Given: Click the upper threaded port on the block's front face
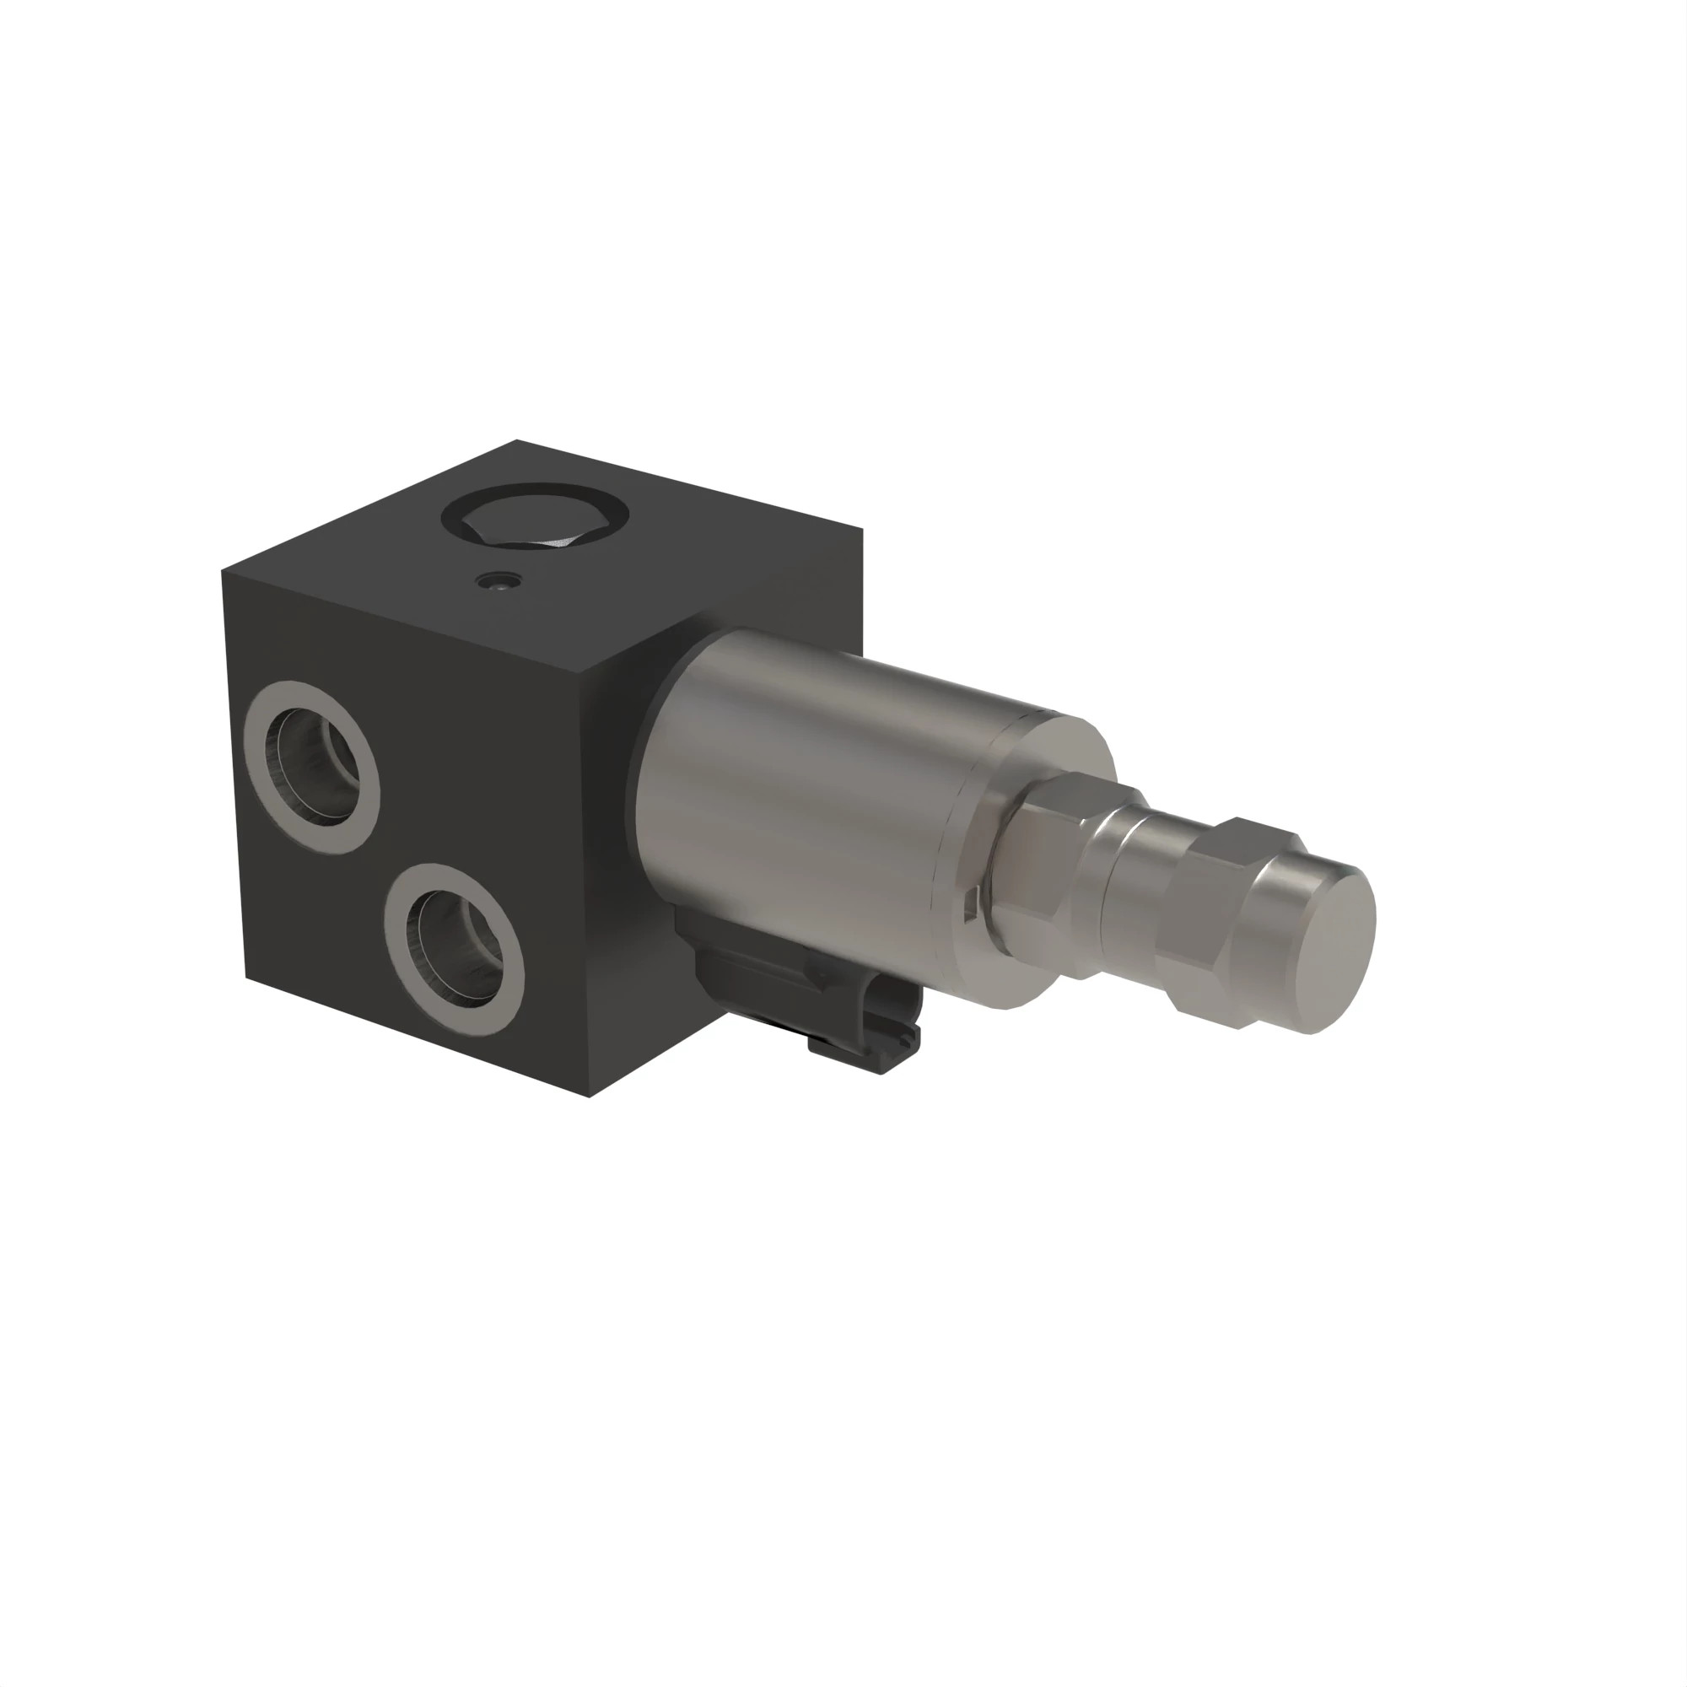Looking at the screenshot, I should click(x=313, y=767).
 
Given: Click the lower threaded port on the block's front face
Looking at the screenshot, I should click(x=455, y=948).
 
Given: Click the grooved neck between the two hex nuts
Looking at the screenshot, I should click(x=1135, y=882).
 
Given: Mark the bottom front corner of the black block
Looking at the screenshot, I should click(x=590, y=1097).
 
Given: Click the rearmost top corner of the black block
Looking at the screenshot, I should click(x=517, y=440).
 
